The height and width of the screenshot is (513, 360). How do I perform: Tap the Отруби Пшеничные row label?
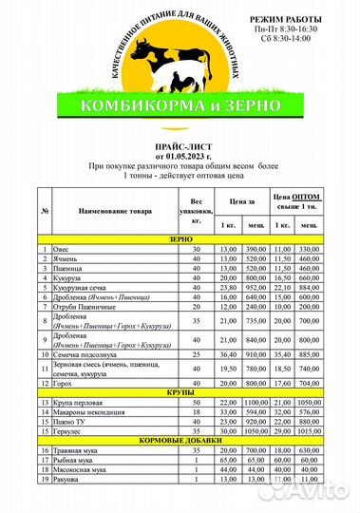click(85, 306)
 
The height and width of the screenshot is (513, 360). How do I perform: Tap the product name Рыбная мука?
click(77, 461)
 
